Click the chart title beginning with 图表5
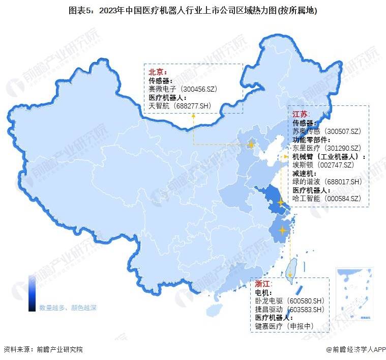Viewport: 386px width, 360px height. (193, 10)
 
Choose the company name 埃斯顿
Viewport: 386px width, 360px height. (303, 164)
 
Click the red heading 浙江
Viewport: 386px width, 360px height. (263, 284)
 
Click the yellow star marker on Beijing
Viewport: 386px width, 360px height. (251, 144)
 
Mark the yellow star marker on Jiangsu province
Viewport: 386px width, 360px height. (280, 203)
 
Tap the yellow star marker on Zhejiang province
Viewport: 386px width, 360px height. (283, 231)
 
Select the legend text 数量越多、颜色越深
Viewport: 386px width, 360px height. (68, 308)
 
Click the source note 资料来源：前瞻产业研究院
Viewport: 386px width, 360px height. (43, 350)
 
